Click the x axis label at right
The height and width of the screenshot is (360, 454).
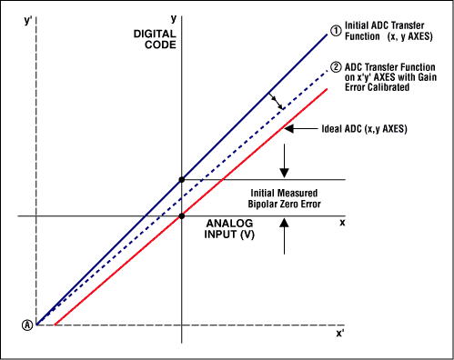[x=343, y=222]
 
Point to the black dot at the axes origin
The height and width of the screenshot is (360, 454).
[x=182, y=215]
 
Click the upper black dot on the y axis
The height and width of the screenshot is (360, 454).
[x=182, y=180]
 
